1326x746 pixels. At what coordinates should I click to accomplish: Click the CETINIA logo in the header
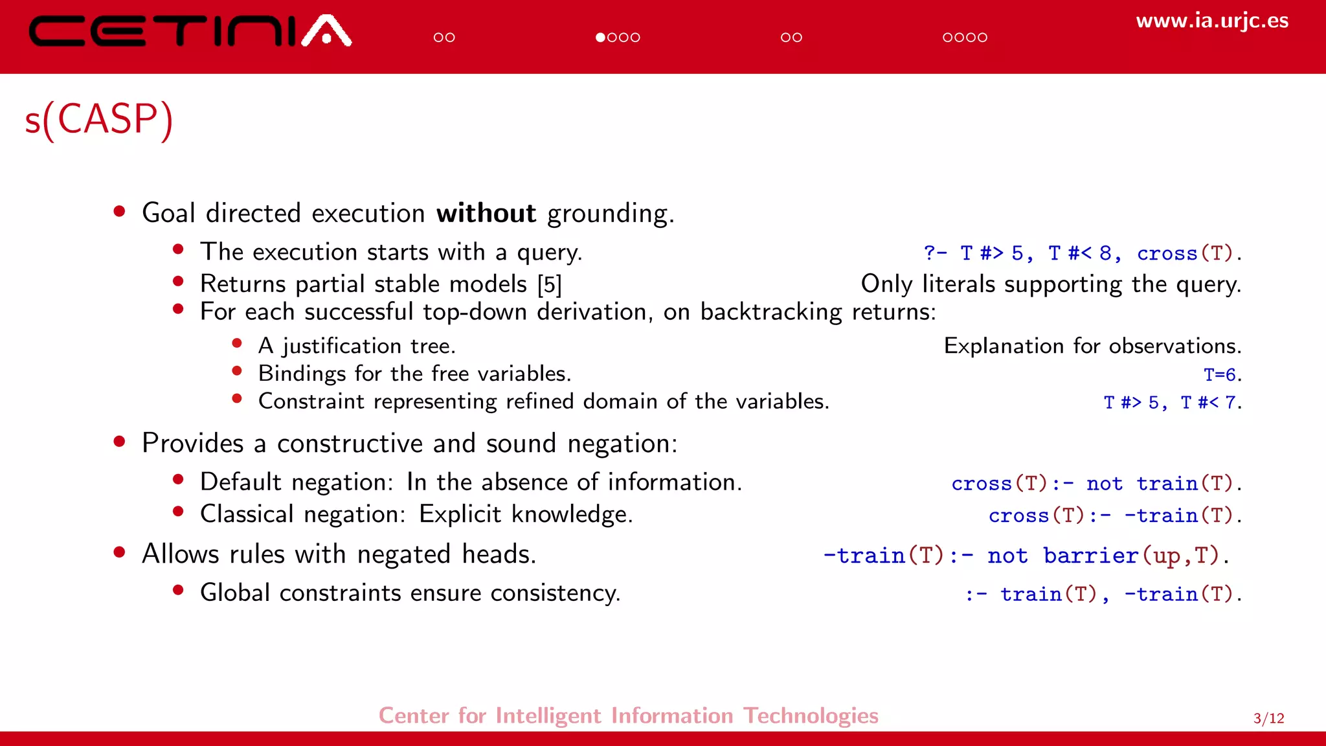click(190, 31)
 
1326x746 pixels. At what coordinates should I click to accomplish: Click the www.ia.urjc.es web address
click(1211, 21)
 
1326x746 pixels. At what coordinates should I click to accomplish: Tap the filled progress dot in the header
click(600, 38)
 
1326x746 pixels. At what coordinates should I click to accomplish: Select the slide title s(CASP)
click(99, 119)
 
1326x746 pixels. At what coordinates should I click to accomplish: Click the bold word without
click(486, 213)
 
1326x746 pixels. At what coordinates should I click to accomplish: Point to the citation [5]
click(549, 284)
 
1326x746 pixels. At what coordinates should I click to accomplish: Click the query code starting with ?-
click(1081, 253)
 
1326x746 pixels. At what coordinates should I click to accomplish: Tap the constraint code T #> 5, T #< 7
click(1171, 402)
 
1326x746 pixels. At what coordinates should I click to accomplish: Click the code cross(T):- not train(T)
click(1095, 483)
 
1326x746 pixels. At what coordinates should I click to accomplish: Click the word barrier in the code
click(1091, 556)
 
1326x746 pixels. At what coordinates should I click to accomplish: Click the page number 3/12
click(1268, 718)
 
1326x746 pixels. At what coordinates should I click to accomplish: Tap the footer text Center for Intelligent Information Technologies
click(628, 716)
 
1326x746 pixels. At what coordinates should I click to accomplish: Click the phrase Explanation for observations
click(1092, 346)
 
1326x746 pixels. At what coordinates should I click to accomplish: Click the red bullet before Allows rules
click(119, 552)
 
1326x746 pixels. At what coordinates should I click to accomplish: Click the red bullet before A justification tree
click(237, 343)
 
